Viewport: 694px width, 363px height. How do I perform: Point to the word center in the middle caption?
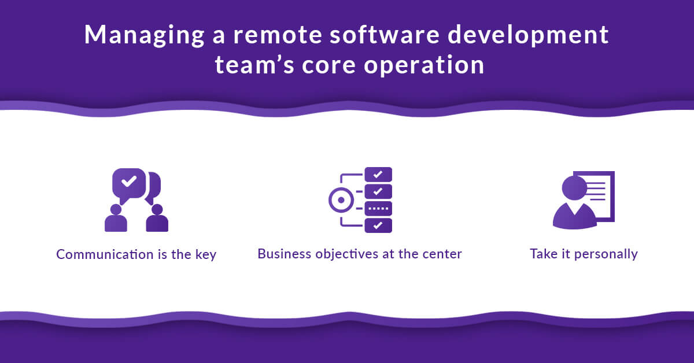coord(444,254)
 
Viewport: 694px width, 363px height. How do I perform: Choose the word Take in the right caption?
coord(542,254)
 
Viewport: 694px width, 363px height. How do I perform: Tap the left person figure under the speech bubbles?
coord(116,218)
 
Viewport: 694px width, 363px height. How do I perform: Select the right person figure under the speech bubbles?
coord(157,218)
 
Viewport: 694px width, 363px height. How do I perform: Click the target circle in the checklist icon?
coord(341,200)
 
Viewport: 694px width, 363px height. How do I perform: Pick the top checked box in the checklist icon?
coord(378,174)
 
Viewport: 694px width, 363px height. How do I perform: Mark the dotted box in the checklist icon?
coord(378,208)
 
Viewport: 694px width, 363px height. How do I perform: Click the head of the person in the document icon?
coord(574,188)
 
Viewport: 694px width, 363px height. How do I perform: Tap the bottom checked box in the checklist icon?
coord(378,225)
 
